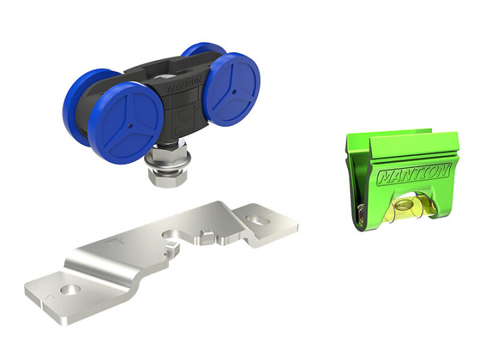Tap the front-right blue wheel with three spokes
click(232, 89)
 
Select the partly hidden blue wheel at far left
click(79, 104)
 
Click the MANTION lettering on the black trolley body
click(184, 83)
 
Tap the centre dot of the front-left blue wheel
click(131, 125)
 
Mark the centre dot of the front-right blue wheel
click(234, 91)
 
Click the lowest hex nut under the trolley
click(167, 177)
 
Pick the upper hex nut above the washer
click(169, 148)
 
